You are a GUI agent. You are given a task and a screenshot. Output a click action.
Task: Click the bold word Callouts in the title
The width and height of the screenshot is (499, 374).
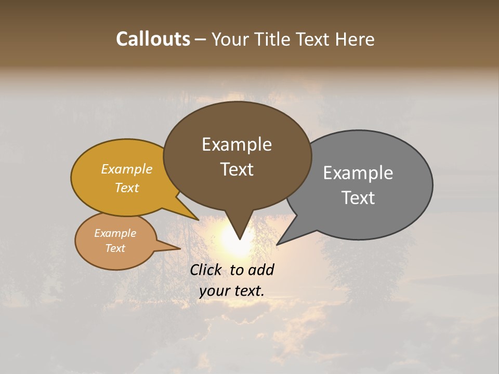tap(153, 39)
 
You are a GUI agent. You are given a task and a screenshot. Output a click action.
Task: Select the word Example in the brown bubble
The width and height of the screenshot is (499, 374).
tap(237, 144)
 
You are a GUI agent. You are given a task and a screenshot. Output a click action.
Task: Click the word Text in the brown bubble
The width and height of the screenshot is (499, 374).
tap(237, 169)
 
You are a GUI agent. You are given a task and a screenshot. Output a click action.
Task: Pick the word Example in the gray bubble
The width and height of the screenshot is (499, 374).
tap(358, 173)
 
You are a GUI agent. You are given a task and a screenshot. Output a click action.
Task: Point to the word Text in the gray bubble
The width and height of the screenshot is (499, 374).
tap(358, 198)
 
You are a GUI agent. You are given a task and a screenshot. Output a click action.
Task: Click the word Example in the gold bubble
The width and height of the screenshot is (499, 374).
tap(127, 169)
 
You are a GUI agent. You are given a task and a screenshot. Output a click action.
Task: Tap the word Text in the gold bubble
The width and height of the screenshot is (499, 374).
tap(127, 188)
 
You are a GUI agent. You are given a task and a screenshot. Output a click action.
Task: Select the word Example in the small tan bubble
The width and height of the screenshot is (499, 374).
tap(115, 233)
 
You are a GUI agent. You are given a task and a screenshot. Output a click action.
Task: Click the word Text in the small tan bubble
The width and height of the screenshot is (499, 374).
tap(115, 248)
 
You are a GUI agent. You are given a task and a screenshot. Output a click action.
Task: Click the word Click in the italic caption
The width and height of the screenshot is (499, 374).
tap(206, 270)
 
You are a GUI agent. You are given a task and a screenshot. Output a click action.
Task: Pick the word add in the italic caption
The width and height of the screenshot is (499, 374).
tap(261, 270)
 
